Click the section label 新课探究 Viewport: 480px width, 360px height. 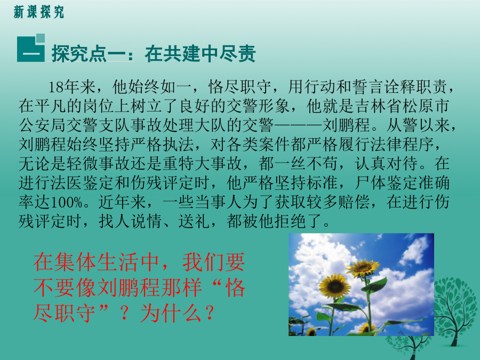(x=39, y=12)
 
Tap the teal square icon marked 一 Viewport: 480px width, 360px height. (x=31, y=48)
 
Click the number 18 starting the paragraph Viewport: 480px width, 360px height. (x=57, y=87)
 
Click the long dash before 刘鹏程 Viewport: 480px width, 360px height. (x=299, y=125)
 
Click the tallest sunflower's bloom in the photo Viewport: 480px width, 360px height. (x=363, y=268)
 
